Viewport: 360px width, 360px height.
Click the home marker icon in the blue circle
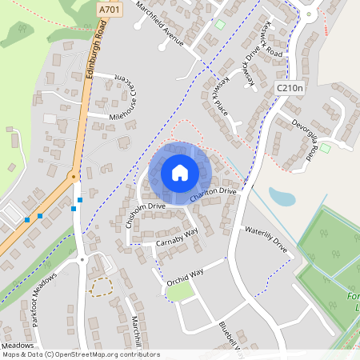[x=180, y=173]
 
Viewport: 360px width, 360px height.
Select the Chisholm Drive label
[x=134, y=214]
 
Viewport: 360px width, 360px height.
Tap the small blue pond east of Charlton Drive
[x=281, y=197]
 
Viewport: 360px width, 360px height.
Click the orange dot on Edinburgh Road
[x=73, y=174]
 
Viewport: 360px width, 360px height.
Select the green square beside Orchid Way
[x=180, y=292]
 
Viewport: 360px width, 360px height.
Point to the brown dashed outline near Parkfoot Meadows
[x=100, y=288]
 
